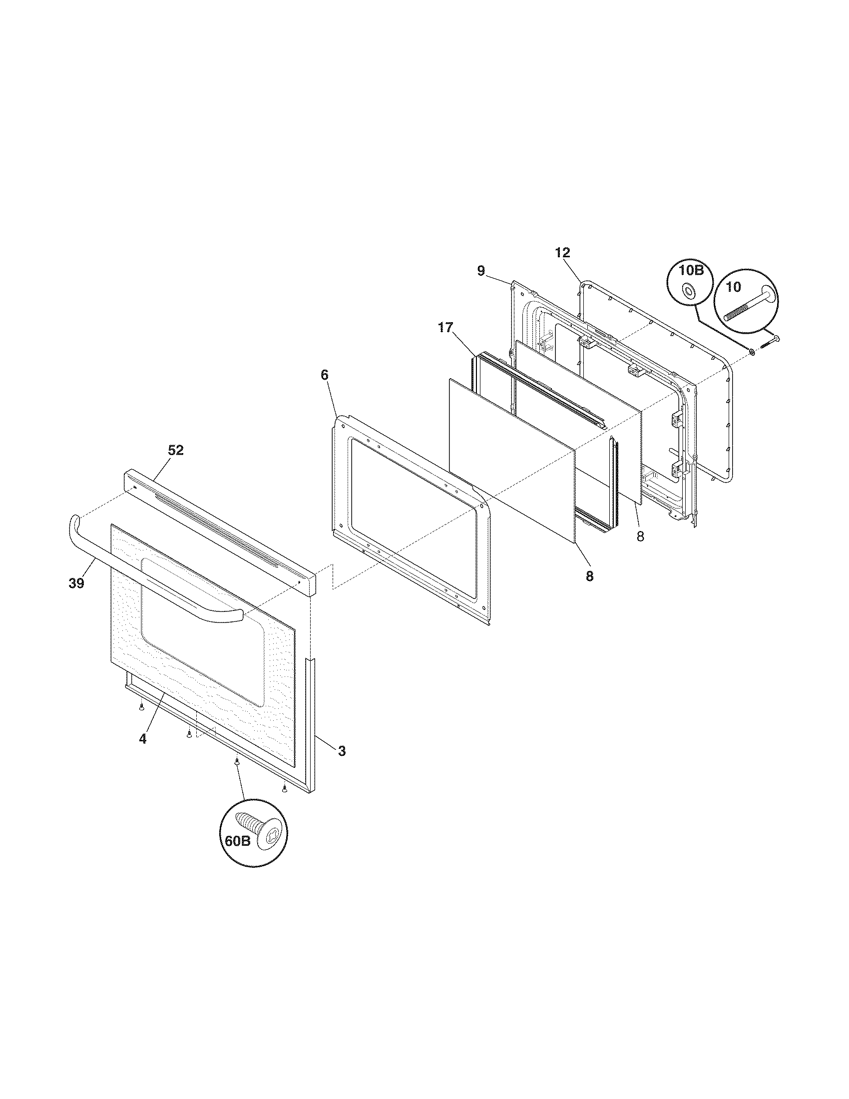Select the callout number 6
(325, 374)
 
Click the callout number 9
(481, 271)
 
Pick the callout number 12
(563, 252)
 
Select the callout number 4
(143, 739)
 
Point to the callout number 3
(342, 765)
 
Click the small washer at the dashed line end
(752, 351)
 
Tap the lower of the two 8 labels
(589, 576)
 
